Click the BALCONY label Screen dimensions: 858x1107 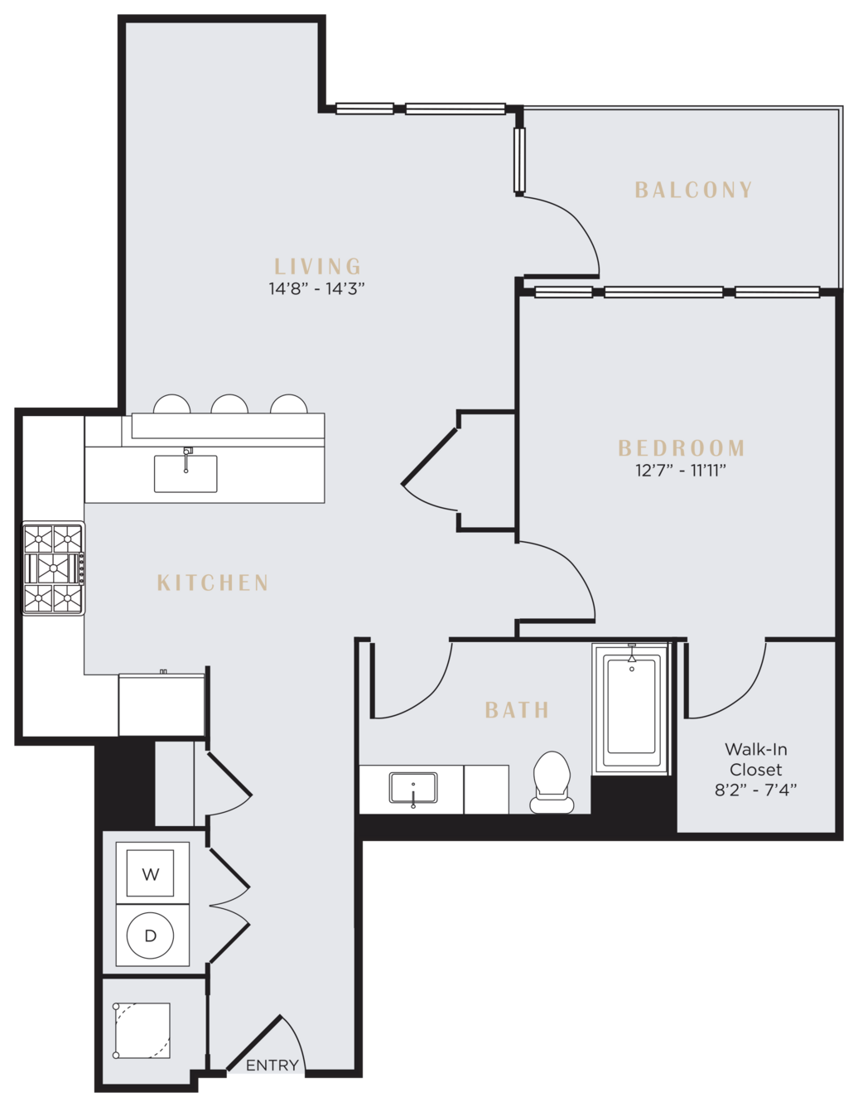pyautogui.click(x=693, y=190)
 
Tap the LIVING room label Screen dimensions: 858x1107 pyautogui.click(x=318, y=267)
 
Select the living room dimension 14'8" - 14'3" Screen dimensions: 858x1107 pyautogui.click(x=317, y=289)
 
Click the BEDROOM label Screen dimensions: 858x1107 pyautogui.click(x=682, y=448)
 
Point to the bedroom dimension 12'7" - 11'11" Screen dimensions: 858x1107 pyautogui.click(x=681, y=470)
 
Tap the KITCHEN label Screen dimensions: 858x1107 pyautogui.click(x=213, y=583)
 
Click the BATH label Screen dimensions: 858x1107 pyautogui.click(x=517, y=710)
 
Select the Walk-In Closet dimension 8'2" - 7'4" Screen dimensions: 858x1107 pyautogui.click(x=755, y=790)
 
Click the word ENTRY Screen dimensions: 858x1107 pyautogui.click(x=272, y=1066)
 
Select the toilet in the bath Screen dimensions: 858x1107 pyautogui.click(x=552, y=783)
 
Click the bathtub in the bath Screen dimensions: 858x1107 pyautogui.click(x=631, y=709)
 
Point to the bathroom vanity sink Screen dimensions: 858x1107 pyautogui.click(x=413, y=788)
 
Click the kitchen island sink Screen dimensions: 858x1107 pyautogui.click(x=186, y=474)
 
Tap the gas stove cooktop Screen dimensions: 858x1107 pyautogui.click(x=53, y=568)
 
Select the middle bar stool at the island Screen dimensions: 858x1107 pyautogui.click(x=229, y=404)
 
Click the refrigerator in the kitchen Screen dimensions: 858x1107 pyautogui.click(x=161, y=705)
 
